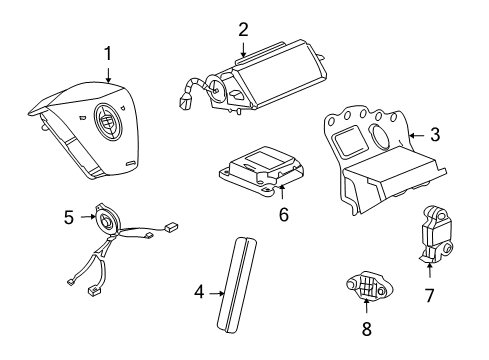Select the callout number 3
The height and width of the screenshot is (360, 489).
(x=435, y=133)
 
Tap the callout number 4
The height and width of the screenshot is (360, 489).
(x=199, y=293)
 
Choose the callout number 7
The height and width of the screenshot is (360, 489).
(x=429, y=295)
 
